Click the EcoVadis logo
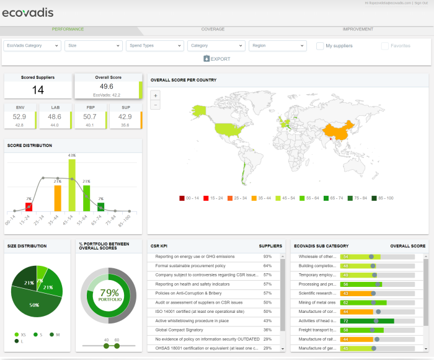(28, 12)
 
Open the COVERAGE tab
(213, 29)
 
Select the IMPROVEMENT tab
(358, 29)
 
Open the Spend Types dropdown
(154, 46)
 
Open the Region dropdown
(277, 46)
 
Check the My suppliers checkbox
(320, 46)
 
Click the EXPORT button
(216, 59)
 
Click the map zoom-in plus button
(155, 95)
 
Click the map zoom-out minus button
(155, 105)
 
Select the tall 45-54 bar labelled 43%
(72, 186)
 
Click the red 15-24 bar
(29, 207)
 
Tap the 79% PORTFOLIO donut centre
(109, 295)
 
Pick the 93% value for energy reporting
(267, 256)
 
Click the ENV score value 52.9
(19, 116)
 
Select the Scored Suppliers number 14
(38, 90)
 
